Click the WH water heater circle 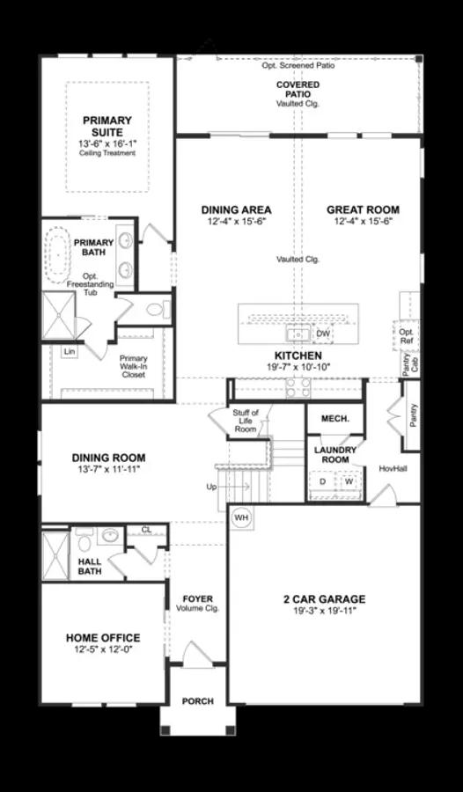click(x=241, y=518)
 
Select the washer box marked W click(x=349, y=482)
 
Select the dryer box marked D click(x=322, y=482)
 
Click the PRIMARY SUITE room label click(x=107, y=127)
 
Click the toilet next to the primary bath click(x=156, y=309)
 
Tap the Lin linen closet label click(x=68, y=351)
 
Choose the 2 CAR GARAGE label click(x=324, y=599)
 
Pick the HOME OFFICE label click(x=103, y=638)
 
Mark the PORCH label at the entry click(x=197, y=701)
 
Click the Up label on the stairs click(x=211, y=487)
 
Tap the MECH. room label click(x=334, y=419)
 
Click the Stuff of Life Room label click(x=246, y=421)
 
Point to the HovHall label click(x=391, y=468)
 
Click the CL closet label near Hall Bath click(x=146, y=530)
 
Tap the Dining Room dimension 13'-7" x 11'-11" click(x=108, y=470)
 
